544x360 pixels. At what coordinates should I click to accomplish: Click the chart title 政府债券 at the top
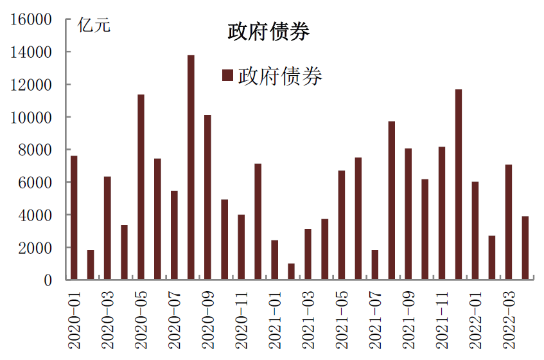[x=268, y=32]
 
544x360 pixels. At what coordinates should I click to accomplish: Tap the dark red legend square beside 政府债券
[x=227, y=76]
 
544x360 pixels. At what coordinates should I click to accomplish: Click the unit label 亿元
[x=94, y=26]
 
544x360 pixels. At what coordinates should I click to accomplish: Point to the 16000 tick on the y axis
[x=30, y=19]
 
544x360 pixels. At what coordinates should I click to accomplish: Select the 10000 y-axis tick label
[x=30, y=118]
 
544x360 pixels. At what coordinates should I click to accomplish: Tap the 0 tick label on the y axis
[x=49, y=280]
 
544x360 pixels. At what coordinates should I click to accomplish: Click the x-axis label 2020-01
[x=75, y=319]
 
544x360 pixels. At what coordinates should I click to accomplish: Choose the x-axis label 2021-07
[x=375, y=319]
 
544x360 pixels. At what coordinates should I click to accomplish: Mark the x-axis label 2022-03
[x=509, y=319]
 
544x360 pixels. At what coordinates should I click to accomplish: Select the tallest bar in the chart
[x=191, y=167]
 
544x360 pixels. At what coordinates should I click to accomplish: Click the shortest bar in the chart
[x=291, y=271]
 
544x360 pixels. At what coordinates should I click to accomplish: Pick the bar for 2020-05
[x=141, y=186]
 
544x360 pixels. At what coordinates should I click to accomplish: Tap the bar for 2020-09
[x=207, y=197]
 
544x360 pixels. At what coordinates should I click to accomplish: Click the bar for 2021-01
[x=274, y=260]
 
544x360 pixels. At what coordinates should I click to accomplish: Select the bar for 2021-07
[x=375, y=265]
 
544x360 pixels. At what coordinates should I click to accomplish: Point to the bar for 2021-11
[x=442, y=213]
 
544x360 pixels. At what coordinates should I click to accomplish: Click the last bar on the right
[x=525, y=248]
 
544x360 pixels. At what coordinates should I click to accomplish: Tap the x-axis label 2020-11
[x=241, y=319]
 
